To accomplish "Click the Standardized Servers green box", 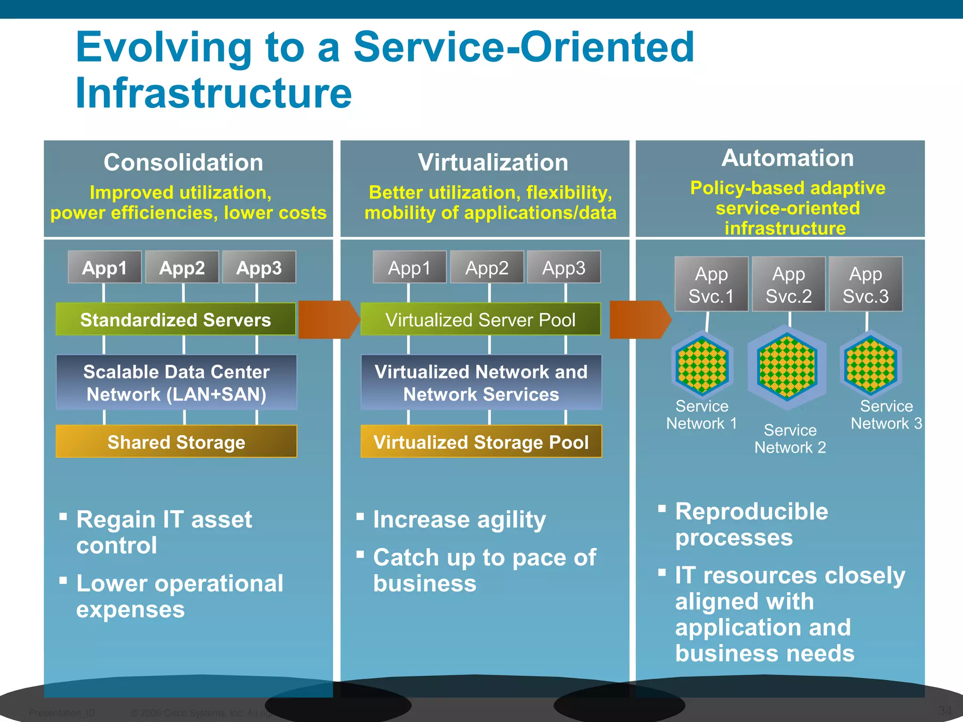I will pyautogui.click(x=175, y=319).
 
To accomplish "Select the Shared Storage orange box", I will pyautogui.click(x=176, y=441).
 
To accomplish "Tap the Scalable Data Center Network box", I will pyautogui.click(x=176, y=383).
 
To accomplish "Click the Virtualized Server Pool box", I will pyautogui.click(x=480, y=319).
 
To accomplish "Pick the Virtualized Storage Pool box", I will pyautogui.click(x=481, y=441).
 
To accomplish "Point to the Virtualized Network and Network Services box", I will pyautogui.click(x=481, y=383).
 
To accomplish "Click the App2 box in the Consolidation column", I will pyautogui.click(x=182, y=267).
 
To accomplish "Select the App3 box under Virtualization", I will pyautogui.click(x=563, y=267).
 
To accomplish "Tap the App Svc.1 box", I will pyautogui.click(x=711, y=284).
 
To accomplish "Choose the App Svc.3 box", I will pyautogui.click(x=865, y=284).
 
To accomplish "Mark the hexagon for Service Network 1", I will pyautogui.click(x=702, y=366).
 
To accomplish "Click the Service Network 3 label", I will pyautogui.click(x=886, y=415).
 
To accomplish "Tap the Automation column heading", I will pyautogui.click(x=788, y=158).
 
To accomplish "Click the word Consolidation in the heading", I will pyautogui.click(x=183, y=163).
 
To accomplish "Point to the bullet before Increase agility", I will pyautogui.click(x=361, y=517).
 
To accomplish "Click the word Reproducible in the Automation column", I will pyautogui.click(x=751, y=511).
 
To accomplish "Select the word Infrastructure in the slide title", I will pyautogui.click(x=213, y=93).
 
